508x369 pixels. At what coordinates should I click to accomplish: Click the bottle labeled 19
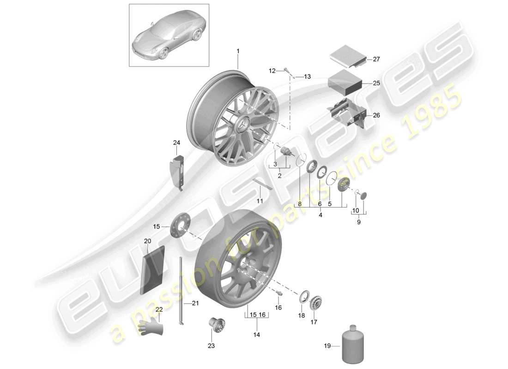(x=353, y=346)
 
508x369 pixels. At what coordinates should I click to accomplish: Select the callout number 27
(x=376, y=59)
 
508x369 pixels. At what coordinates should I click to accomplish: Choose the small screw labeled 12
(x=287, y=71)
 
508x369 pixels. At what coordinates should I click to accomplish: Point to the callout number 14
(x=256, y=334)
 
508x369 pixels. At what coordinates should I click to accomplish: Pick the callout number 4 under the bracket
(x=321, y=214)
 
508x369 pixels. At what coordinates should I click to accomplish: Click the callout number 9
(x=358, y=222)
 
